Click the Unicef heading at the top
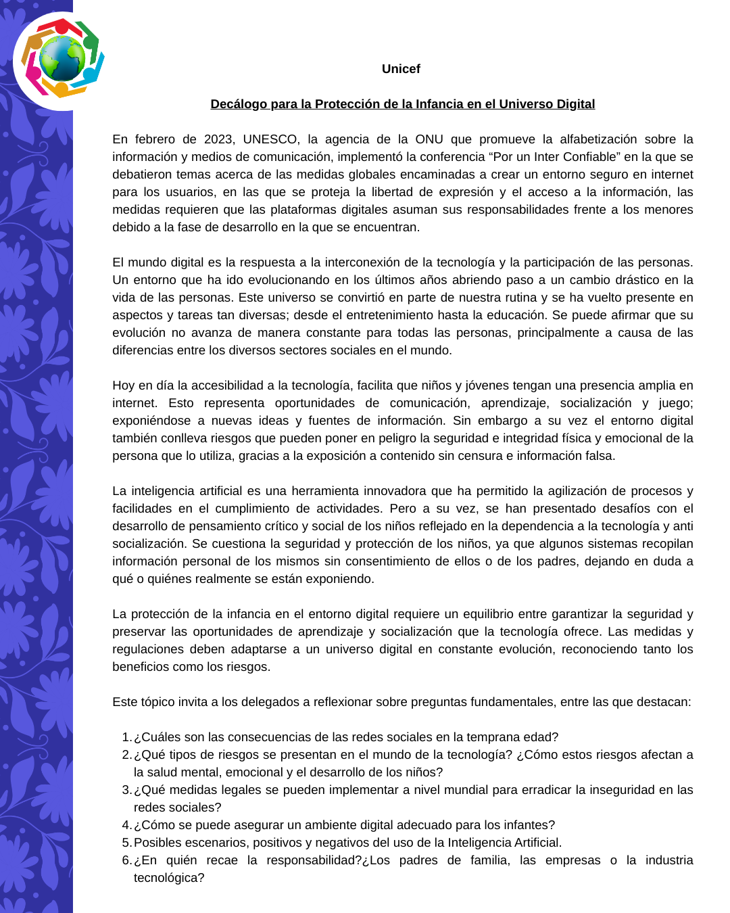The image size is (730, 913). [x=401, y=69]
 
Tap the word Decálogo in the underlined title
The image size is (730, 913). [x=239, y=104]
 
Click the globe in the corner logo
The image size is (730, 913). [x=62, y=59]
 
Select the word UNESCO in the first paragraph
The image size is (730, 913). [x=270, y=139]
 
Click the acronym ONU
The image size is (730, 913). [x=429, y=139]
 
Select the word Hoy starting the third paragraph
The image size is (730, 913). [x=124, y=385]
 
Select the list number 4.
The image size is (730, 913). [x=126, y=825]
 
